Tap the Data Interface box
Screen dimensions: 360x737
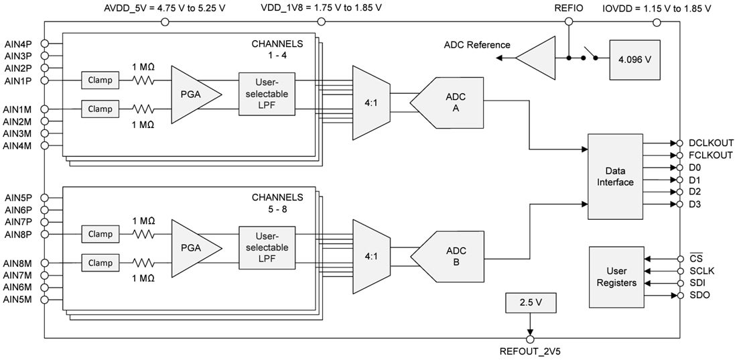[x=614, y=176]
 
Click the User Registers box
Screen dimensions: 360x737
[x=616, y=278]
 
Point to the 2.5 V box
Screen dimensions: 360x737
[x=529, y=302]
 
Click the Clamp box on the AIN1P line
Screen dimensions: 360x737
[x=100, y=80]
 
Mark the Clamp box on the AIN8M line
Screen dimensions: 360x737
[x=100, y=263]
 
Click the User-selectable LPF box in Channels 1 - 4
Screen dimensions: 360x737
[x=266, y=95]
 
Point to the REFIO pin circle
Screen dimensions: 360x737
[x=569, y=21]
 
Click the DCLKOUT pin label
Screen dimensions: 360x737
[x=711, y=143]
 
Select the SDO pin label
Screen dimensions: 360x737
[x=699, y=296]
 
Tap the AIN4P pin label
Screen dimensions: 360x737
[x=18, y=44]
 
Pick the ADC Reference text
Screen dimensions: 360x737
[x=477, y=45]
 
